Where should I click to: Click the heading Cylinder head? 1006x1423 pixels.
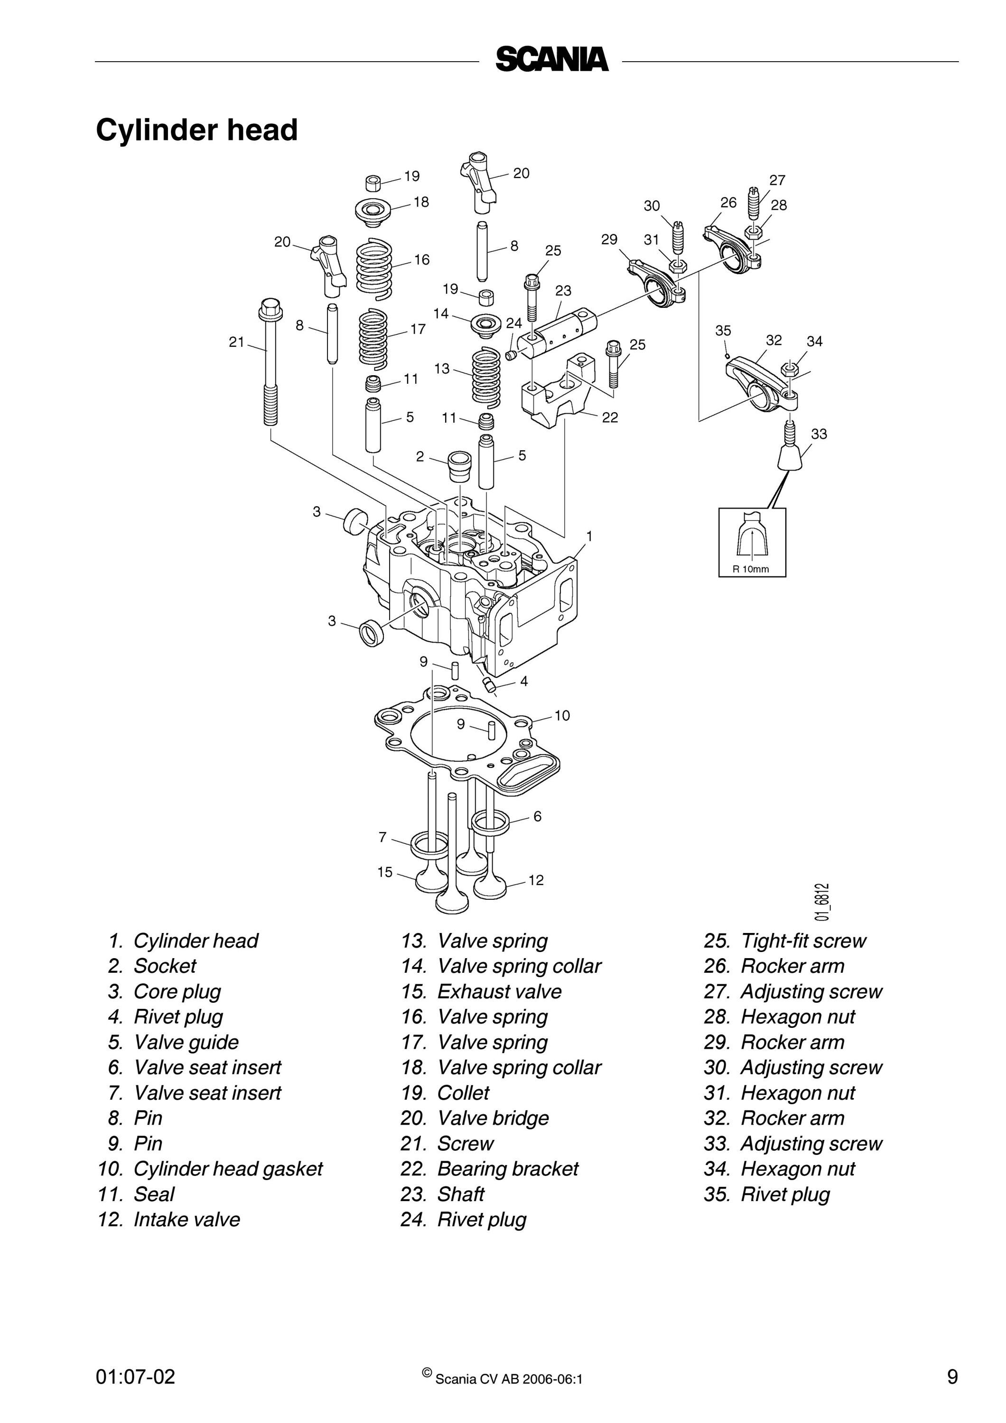[x=197, y=130]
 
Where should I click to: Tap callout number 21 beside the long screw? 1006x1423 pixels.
[x=237, y=342]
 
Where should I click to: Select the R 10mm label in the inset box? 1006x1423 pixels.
[x=751, y=569]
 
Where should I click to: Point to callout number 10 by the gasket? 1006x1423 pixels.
[x=561, y=716]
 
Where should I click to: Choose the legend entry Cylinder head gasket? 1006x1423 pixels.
[x=210, y=1168]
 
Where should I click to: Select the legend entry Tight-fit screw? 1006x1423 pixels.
[x=785, y=941]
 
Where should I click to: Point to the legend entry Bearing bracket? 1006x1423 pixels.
[x=489, y=1168]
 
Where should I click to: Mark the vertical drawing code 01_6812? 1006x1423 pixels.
[x=822, y=902]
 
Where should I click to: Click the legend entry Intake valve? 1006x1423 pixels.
[x=168, y=1219]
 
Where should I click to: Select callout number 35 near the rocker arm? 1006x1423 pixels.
[x=723, y=331]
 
